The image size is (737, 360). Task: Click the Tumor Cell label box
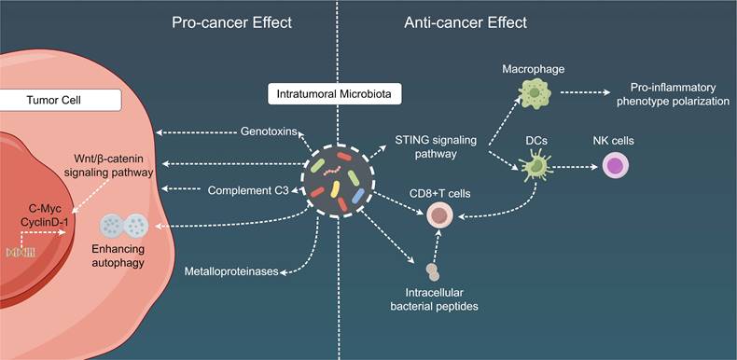(60, 100)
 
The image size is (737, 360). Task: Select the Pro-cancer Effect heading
(231, 22)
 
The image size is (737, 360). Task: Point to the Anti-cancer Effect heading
(466, 22)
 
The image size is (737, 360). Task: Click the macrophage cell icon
(535, 92)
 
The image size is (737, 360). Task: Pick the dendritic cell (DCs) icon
(535, 165)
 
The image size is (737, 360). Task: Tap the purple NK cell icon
(616, 166)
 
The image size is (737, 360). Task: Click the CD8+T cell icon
(439, 215)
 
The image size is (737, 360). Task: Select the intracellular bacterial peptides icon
(433, 272)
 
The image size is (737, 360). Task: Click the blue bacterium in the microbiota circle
(358, 196)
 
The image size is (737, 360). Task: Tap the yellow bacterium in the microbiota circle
(335, 188)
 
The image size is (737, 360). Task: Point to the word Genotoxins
(269, 132)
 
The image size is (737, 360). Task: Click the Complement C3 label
(248, 190)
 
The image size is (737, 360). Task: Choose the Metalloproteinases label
(231, 271)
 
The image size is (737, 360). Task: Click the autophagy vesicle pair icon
(124, 225)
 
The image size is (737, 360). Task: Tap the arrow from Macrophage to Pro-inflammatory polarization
(586, 92)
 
